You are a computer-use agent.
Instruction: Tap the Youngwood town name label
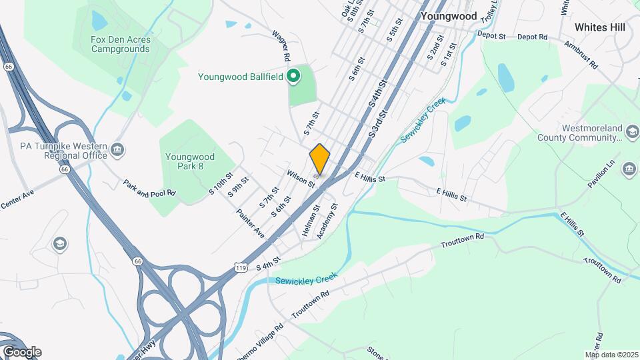[449, 15]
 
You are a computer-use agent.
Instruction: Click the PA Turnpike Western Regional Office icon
[118, 147]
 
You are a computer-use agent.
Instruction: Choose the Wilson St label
[301, 177]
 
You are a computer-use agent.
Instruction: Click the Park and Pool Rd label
[149, 188]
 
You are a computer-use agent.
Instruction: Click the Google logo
[22, 352]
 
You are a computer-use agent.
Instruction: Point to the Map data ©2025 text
[611, 355]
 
